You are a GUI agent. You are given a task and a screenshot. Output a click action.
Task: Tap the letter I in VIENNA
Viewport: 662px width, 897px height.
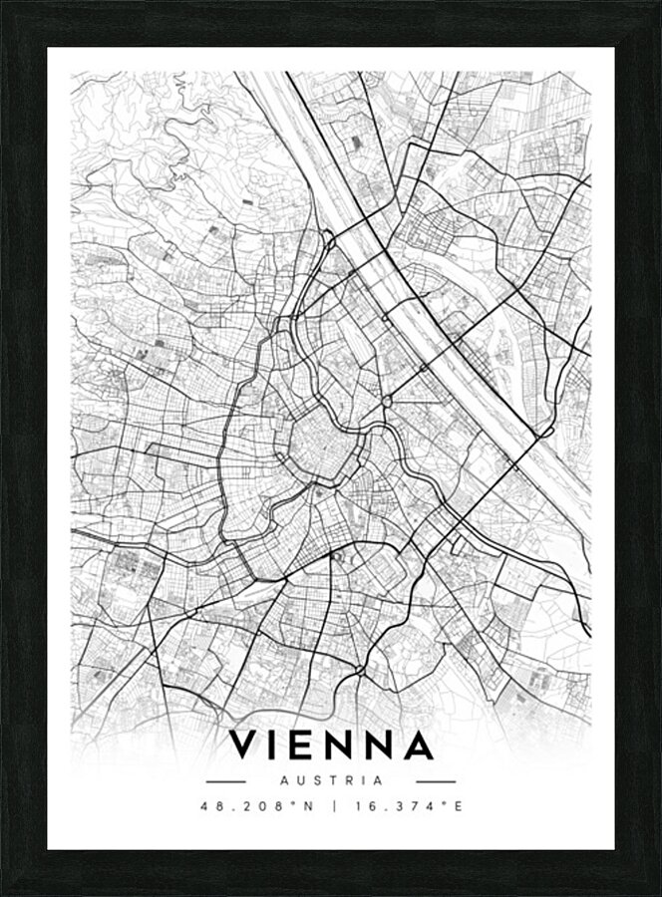[280, 746]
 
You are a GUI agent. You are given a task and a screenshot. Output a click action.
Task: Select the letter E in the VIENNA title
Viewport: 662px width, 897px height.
[309, 746]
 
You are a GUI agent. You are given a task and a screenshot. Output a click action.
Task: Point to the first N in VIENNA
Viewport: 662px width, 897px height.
[346, 746]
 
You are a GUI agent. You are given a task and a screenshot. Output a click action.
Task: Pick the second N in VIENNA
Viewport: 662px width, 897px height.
[384, 746]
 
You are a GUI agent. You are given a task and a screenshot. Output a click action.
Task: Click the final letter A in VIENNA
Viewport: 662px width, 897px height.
[419, 746]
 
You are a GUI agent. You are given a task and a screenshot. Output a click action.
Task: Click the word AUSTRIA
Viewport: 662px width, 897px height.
[331, 780]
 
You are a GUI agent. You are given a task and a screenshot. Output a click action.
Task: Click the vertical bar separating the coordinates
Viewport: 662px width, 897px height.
[331, 806]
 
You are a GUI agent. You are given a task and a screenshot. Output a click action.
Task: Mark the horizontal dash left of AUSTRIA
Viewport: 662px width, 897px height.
[225, 781]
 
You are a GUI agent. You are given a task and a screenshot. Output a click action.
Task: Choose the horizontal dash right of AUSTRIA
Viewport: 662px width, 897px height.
[436, 781]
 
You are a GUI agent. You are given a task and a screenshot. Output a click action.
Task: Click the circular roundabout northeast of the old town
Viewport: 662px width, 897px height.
[386, 401]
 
